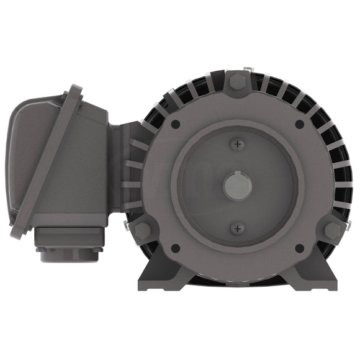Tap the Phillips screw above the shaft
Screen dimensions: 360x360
pos(237,144)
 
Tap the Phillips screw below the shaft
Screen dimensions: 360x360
pos(237,228)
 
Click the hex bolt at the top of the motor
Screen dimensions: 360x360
pos(237,81)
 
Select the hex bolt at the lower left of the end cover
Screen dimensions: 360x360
pos(142,231)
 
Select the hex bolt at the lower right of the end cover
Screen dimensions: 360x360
pos(333,231)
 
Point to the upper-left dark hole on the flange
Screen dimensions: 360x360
pos(176,124)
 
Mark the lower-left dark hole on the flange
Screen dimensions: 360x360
pos(176,248)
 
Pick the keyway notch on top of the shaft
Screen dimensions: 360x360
pos(237,178)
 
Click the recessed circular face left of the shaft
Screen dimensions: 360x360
pos(199,186)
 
